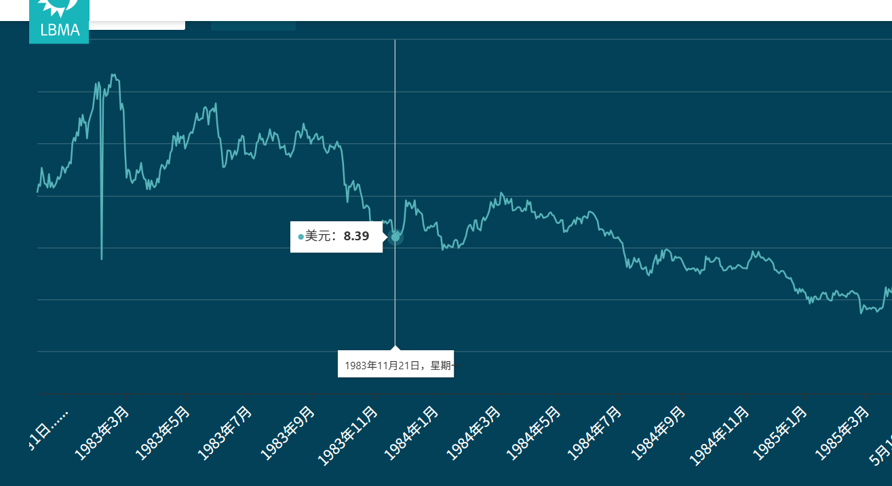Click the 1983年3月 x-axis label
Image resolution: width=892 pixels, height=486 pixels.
(x=102, y=433)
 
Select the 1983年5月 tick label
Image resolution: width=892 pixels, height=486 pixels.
(x=163, y=433)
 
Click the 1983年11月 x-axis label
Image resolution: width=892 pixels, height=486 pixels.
(x=347, y=436)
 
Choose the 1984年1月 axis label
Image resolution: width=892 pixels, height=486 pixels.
(x=411, y=433)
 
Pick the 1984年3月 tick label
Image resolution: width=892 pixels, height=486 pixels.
(x=473, y=433)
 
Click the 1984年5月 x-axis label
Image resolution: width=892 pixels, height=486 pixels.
(x=533, y=433)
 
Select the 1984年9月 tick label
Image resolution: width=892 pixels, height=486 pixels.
(x=658, y=433)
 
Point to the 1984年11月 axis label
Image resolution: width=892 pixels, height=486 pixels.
(x=719, y=436)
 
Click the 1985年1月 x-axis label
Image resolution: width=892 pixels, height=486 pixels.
(x=780, y=433)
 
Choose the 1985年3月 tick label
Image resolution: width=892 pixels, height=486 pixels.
(x=842, y=433)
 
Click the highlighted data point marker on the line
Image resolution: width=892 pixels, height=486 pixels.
(x=395, y=237)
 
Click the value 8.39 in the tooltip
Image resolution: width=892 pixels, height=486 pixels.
(x=356, y=236)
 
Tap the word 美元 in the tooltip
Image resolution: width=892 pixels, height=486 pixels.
(x=320, y=236)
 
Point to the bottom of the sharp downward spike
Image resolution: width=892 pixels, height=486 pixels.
(x=102, y=258)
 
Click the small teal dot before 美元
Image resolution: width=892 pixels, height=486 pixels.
(x=300, y=237)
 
